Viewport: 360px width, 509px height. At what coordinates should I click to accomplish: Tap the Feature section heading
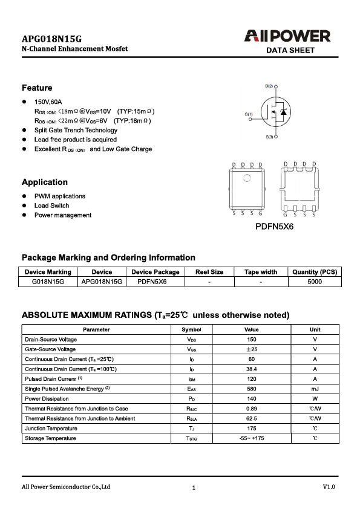(37, 88)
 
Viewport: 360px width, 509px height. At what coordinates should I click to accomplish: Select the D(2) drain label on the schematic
(269, 86)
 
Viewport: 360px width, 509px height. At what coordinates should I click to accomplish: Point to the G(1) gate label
(249, 114)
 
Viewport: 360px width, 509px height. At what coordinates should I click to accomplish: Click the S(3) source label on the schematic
(269, 138)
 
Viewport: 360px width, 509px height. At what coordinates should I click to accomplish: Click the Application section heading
(45, 182)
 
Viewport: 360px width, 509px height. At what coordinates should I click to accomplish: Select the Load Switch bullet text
(51, 206)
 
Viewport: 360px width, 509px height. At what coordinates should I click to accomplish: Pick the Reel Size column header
(209, 272)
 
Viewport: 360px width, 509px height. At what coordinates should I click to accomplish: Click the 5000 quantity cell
(315, 282)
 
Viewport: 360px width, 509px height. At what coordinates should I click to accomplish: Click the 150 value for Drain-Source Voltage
(251, 340)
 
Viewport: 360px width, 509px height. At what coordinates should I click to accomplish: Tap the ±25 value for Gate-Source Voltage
(251, 349)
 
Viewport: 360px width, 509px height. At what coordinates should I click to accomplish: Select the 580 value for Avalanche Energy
(251, 389)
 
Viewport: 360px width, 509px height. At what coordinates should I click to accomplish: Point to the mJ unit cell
(315, 389)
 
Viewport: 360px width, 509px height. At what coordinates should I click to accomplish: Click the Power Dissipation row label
(47, 399)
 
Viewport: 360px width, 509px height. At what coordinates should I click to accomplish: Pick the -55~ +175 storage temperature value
(251, 438)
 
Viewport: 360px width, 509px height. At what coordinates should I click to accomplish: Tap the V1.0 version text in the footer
(329, 487)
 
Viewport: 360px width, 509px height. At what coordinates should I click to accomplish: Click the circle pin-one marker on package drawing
(246, 178)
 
